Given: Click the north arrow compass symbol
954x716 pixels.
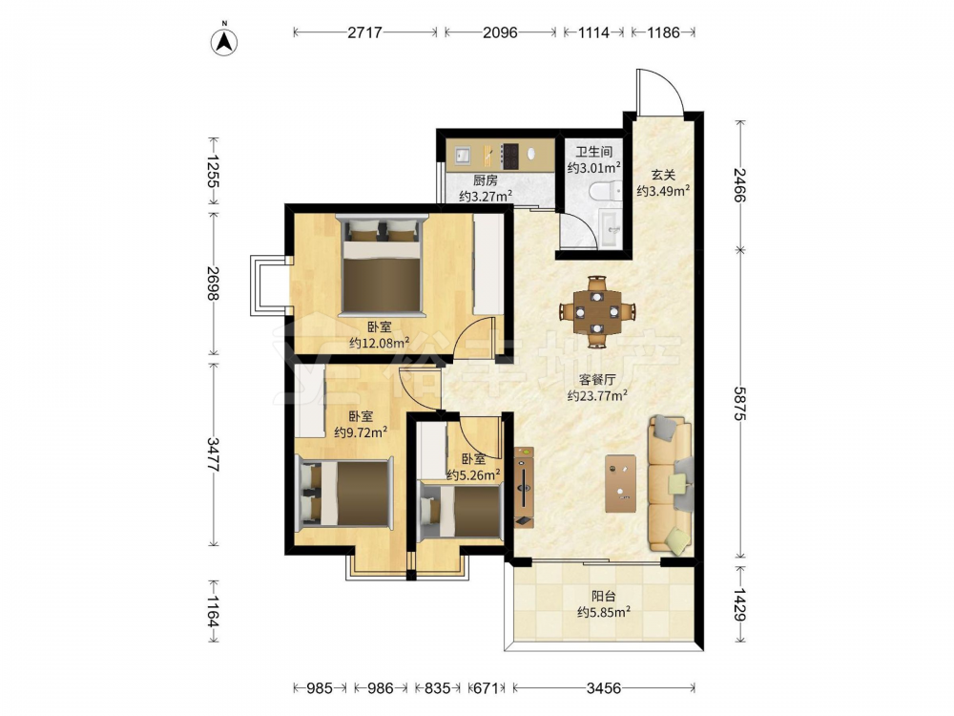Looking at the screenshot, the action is (224, 42).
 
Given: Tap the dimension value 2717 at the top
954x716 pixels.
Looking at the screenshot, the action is (364, 32).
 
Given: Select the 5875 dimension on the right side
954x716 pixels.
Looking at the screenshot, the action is (740, 403).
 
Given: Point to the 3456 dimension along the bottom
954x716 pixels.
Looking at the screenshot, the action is (604, 688).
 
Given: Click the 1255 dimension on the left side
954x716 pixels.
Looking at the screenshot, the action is (213, 171).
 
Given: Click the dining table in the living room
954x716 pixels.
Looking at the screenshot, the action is (598, 312).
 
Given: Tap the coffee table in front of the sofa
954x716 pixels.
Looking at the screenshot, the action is (621, 483).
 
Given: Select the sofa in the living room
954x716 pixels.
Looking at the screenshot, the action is (670, 485).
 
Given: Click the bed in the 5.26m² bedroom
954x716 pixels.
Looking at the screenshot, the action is (461, 510).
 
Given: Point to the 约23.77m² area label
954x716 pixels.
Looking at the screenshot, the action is (597, 396).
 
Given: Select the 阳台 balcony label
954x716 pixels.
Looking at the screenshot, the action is (603, 596).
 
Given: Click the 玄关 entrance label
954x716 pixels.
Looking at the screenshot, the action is (663, 175).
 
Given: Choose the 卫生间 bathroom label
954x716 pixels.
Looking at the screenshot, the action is (593, 152).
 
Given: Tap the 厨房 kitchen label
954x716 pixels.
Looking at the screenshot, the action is (485, 180).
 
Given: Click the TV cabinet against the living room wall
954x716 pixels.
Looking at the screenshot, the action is (524, 488).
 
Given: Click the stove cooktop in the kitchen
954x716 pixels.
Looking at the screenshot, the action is (509, 156).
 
